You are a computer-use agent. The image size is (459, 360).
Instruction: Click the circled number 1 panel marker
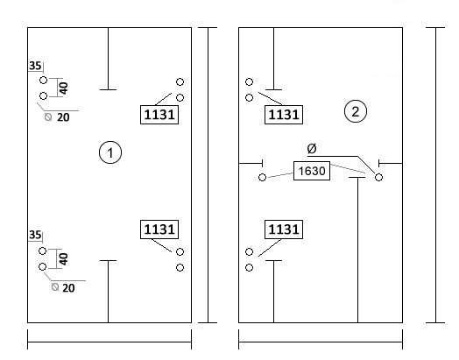(x=110, y=152)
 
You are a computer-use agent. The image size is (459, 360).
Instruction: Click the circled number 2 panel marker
(x=356, y=111)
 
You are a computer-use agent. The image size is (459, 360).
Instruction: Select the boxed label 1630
(x=312, y=171)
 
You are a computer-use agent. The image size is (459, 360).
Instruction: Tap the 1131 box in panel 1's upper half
(x=159, y=115)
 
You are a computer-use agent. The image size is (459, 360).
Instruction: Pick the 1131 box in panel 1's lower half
(x=159, y=229)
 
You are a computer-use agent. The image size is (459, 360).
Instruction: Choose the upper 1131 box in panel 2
(x=284, y=115)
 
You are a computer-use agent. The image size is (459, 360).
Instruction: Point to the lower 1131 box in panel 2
(x=284, y=229)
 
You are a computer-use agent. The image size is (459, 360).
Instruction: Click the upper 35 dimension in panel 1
(x=35, y=66)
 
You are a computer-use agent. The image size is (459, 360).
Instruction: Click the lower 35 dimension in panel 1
(x=35, y=235)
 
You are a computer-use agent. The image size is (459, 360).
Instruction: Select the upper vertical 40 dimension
(x=64, y=88)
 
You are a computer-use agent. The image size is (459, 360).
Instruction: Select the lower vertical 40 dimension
(x=64, y=259)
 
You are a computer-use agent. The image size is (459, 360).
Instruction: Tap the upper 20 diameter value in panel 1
(x=63, y=117)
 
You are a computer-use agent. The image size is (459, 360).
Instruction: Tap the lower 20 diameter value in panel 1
(x=68, y=288)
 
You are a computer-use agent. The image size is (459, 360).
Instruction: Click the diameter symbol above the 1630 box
(x=312, y=149)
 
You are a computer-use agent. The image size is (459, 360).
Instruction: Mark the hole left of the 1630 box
(x=262, y=177)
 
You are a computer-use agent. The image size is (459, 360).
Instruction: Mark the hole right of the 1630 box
(x=378, y=177)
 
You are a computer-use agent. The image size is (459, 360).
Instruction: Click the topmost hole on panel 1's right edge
(x=180, y=81)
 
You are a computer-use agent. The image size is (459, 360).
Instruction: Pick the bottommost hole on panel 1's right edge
(x=180, y=267)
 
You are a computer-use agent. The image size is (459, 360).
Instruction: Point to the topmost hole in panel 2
(x=249, y=81)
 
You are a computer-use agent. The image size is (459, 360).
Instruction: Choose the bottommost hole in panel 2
(x=249, y=267)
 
